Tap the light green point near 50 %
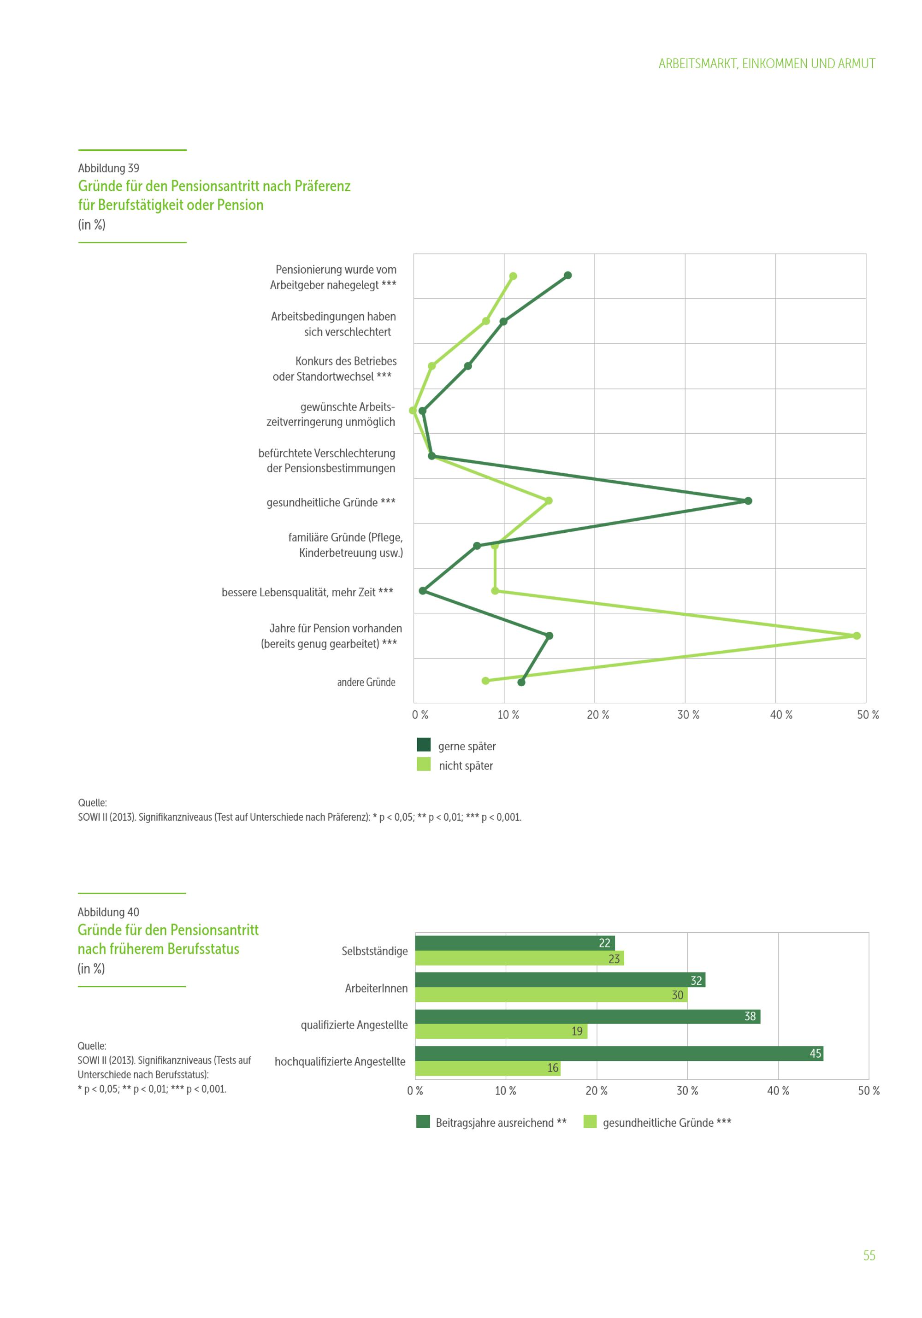point(857,635)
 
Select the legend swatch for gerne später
point(424,745)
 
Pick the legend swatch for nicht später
point(424,765)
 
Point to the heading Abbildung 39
point(108,168)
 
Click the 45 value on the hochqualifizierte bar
point(815,1053)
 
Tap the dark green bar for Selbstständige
point(514,943)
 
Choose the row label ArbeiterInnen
point(376,988)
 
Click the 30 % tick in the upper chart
point(688,715)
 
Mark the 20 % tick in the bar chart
point(597,1091)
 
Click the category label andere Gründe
point(366,683)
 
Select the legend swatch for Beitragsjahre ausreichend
point(423,1122)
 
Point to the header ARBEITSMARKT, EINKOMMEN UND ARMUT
point(767,64)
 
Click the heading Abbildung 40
point(108,912)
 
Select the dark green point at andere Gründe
point(521,682)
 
